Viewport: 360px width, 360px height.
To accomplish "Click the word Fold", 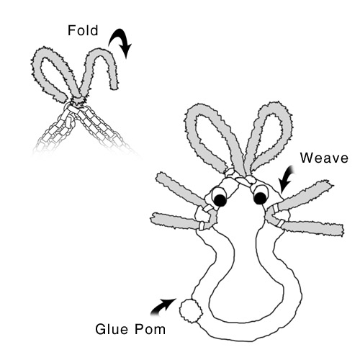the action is tap(83, 30).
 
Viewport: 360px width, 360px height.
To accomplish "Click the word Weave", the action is tap(324, 158).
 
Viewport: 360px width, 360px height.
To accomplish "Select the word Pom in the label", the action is tap(150, 329).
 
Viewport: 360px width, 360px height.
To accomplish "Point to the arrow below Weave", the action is tap(286, 179).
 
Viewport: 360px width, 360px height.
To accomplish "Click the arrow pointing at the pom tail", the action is tap(163, 307).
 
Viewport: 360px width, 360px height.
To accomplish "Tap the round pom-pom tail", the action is tap(191, 311).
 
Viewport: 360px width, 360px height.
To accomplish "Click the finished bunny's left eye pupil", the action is tap(220, 200).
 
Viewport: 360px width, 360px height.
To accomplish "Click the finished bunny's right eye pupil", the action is tap(260, 198).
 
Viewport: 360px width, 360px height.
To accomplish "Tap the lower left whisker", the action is tap(176, 220).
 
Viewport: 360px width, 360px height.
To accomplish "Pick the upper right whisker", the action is tap(305, 195).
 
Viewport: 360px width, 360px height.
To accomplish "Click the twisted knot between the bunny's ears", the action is tap(240, 179).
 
